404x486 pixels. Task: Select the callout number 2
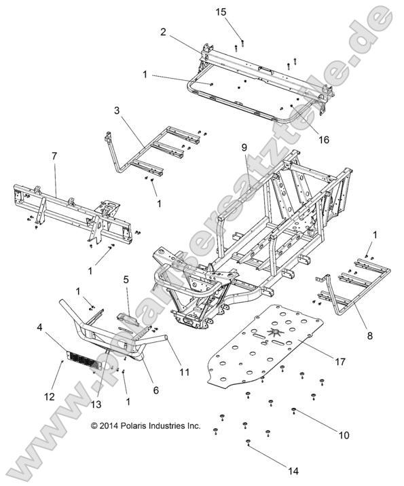point(164,31)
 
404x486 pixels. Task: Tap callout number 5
point(126,279)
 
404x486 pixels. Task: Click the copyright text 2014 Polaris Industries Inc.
point(146,426)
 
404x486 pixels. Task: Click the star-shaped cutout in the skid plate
point(274,333)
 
